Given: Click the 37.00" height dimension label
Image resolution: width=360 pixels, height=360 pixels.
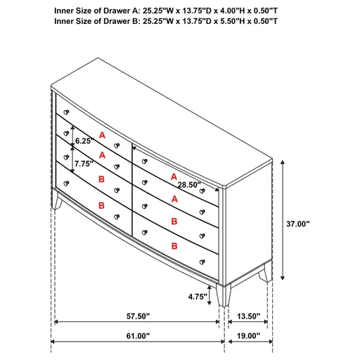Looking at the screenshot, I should pos(298,224).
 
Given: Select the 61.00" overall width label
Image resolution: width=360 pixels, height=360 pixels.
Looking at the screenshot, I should pos(138,336).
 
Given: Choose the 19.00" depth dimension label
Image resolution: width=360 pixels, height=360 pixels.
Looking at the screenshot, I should pos(249,336).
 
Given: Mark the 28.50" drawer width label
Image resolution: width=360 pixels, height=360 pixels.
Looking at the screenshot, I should pos(189,184).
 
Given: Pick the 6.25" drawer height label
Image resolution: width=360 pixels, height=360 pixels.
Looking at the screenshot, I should pos(84,141).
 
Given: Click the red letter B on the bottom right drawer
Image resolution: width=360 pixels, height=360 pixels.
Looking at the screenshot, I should pos(174,245).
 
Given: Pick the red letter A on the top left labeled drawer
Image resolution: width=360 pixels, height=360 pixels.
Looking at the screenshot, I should pos(102,134).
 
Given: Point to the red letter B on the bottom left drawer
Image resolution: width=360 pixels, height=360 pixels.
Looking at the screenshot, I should pos(102,205).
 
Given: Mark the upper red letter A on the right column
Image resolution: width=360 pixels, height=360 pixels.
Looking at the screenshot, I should pos(174,176).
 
